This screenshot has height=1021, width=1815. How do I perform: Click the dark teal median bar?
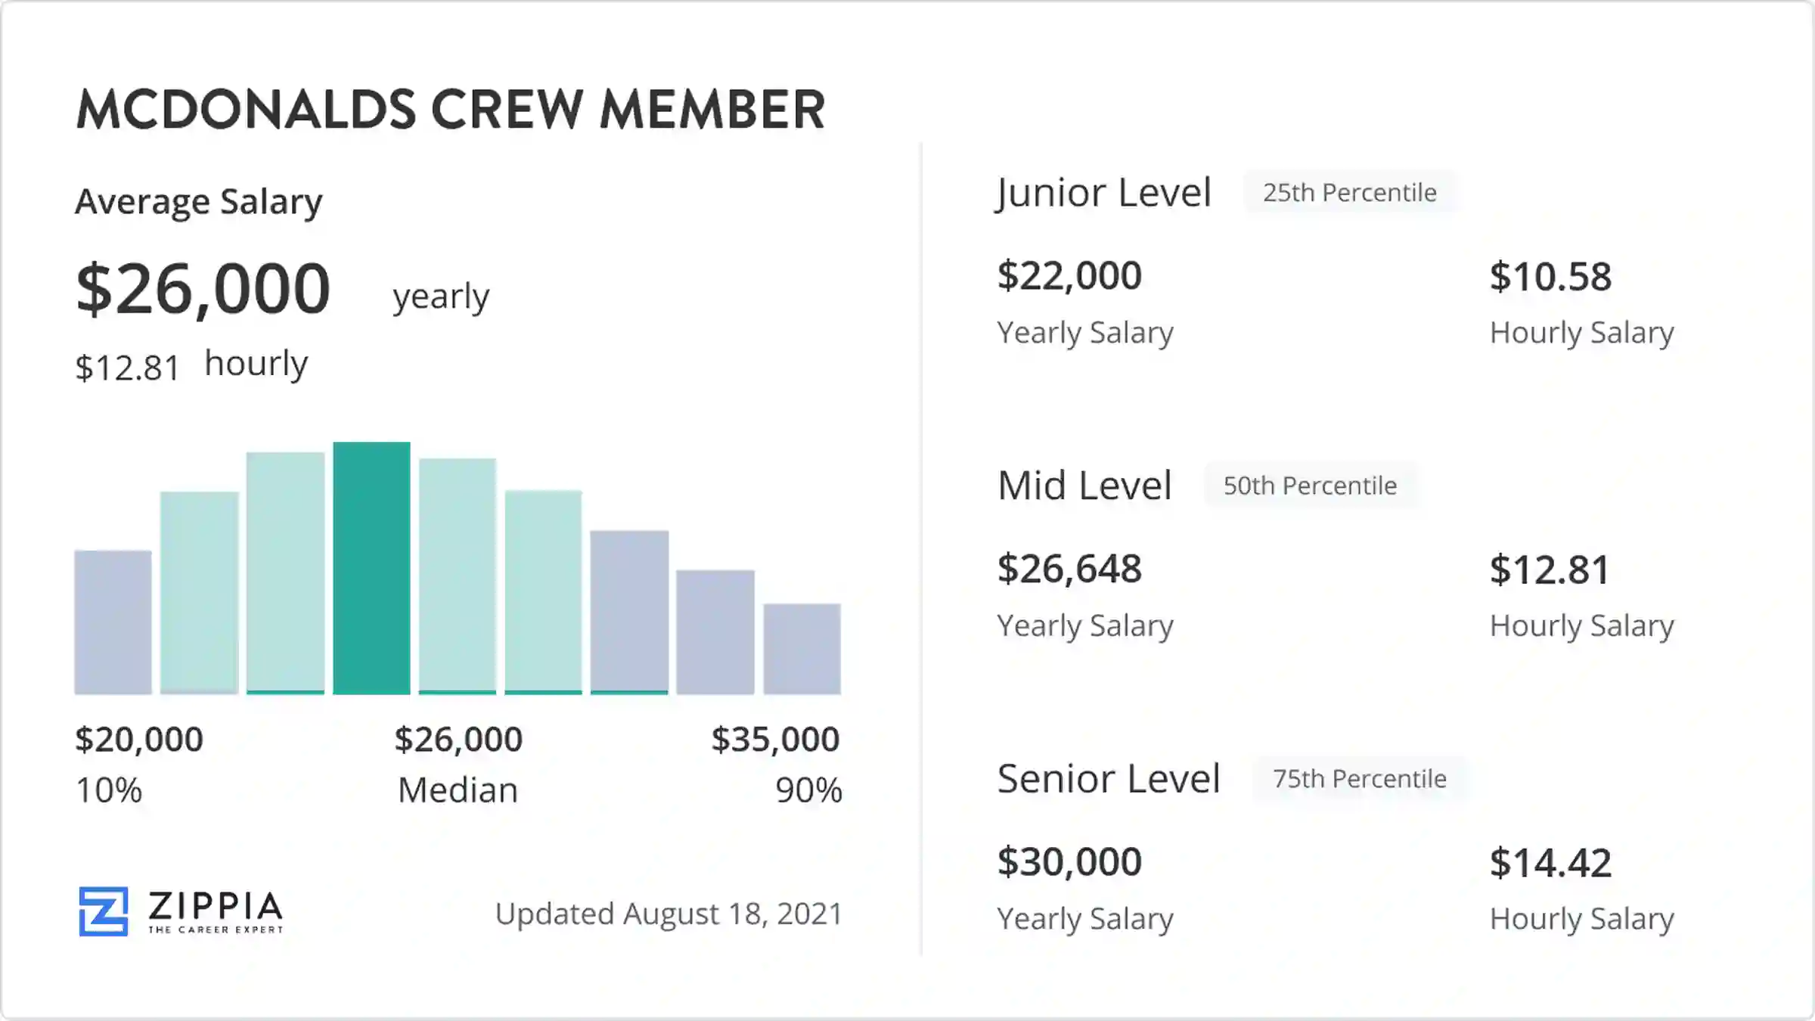pyautogui.click(x=371, y=568)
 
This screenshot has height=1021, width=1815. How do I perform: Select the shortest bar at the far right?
pyautogui.click(x=802, y=648)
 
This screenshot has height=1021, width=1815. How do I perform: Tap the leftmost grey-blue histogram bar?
pyautogui.click(x=113, y=622)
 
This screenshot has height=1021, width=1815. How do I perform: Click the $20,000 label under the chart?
pyautogui.click(x=139, y=739)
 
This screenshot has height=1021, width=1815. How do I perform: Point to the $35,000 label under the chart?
pyautogui.click(x=775, y=739)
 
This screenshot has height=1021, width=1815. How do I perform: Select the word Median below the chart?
pyautogui.click(x=458, y=790)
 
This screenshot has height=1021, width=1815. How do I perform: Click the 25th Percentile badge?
pyautogui.click(x=1349, y=193)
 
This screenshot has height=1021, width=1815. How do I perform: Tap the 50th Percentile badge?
pyautogui.click(x=1310, y=486)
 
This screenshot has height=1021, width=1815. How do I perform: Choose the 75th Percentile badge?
pyautogui.click(x=1359, y=779)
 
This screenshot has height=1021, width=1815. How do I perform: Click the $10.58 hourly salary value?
pyautogui.click(x=1550, y=277)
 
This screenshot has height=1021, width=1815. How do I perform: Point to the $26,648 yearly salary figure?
pyautogui.click(x=1069, y=569)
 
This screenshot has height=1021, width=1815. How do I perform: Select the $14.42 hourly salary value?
pyautogui.click(x=1550, y=863)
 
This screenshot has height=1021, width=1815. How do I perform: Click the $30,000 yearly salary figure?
pyautogui.click(x=1069, y=862)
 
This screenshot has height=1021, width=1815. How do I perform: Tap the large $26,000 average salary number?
pyautogui.click(x=203, y=289)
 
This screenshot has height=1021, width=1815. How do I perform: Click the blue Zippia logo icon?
pyautogui.click(x=104, y=911)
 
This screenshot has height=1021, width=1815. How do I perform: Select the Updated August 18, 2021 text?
pyautogui.click(x=669, y=914)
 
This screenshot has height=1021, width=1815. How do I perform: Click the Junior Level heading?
pyautogui.click(x=1103, y=193)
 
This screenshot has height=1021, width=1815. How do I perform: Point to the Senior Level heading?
pyautogui.click(x=1109, y=779)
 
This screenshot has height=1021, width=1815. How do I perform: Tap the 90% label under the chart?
pyautogui.click(x=808, y=790)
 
